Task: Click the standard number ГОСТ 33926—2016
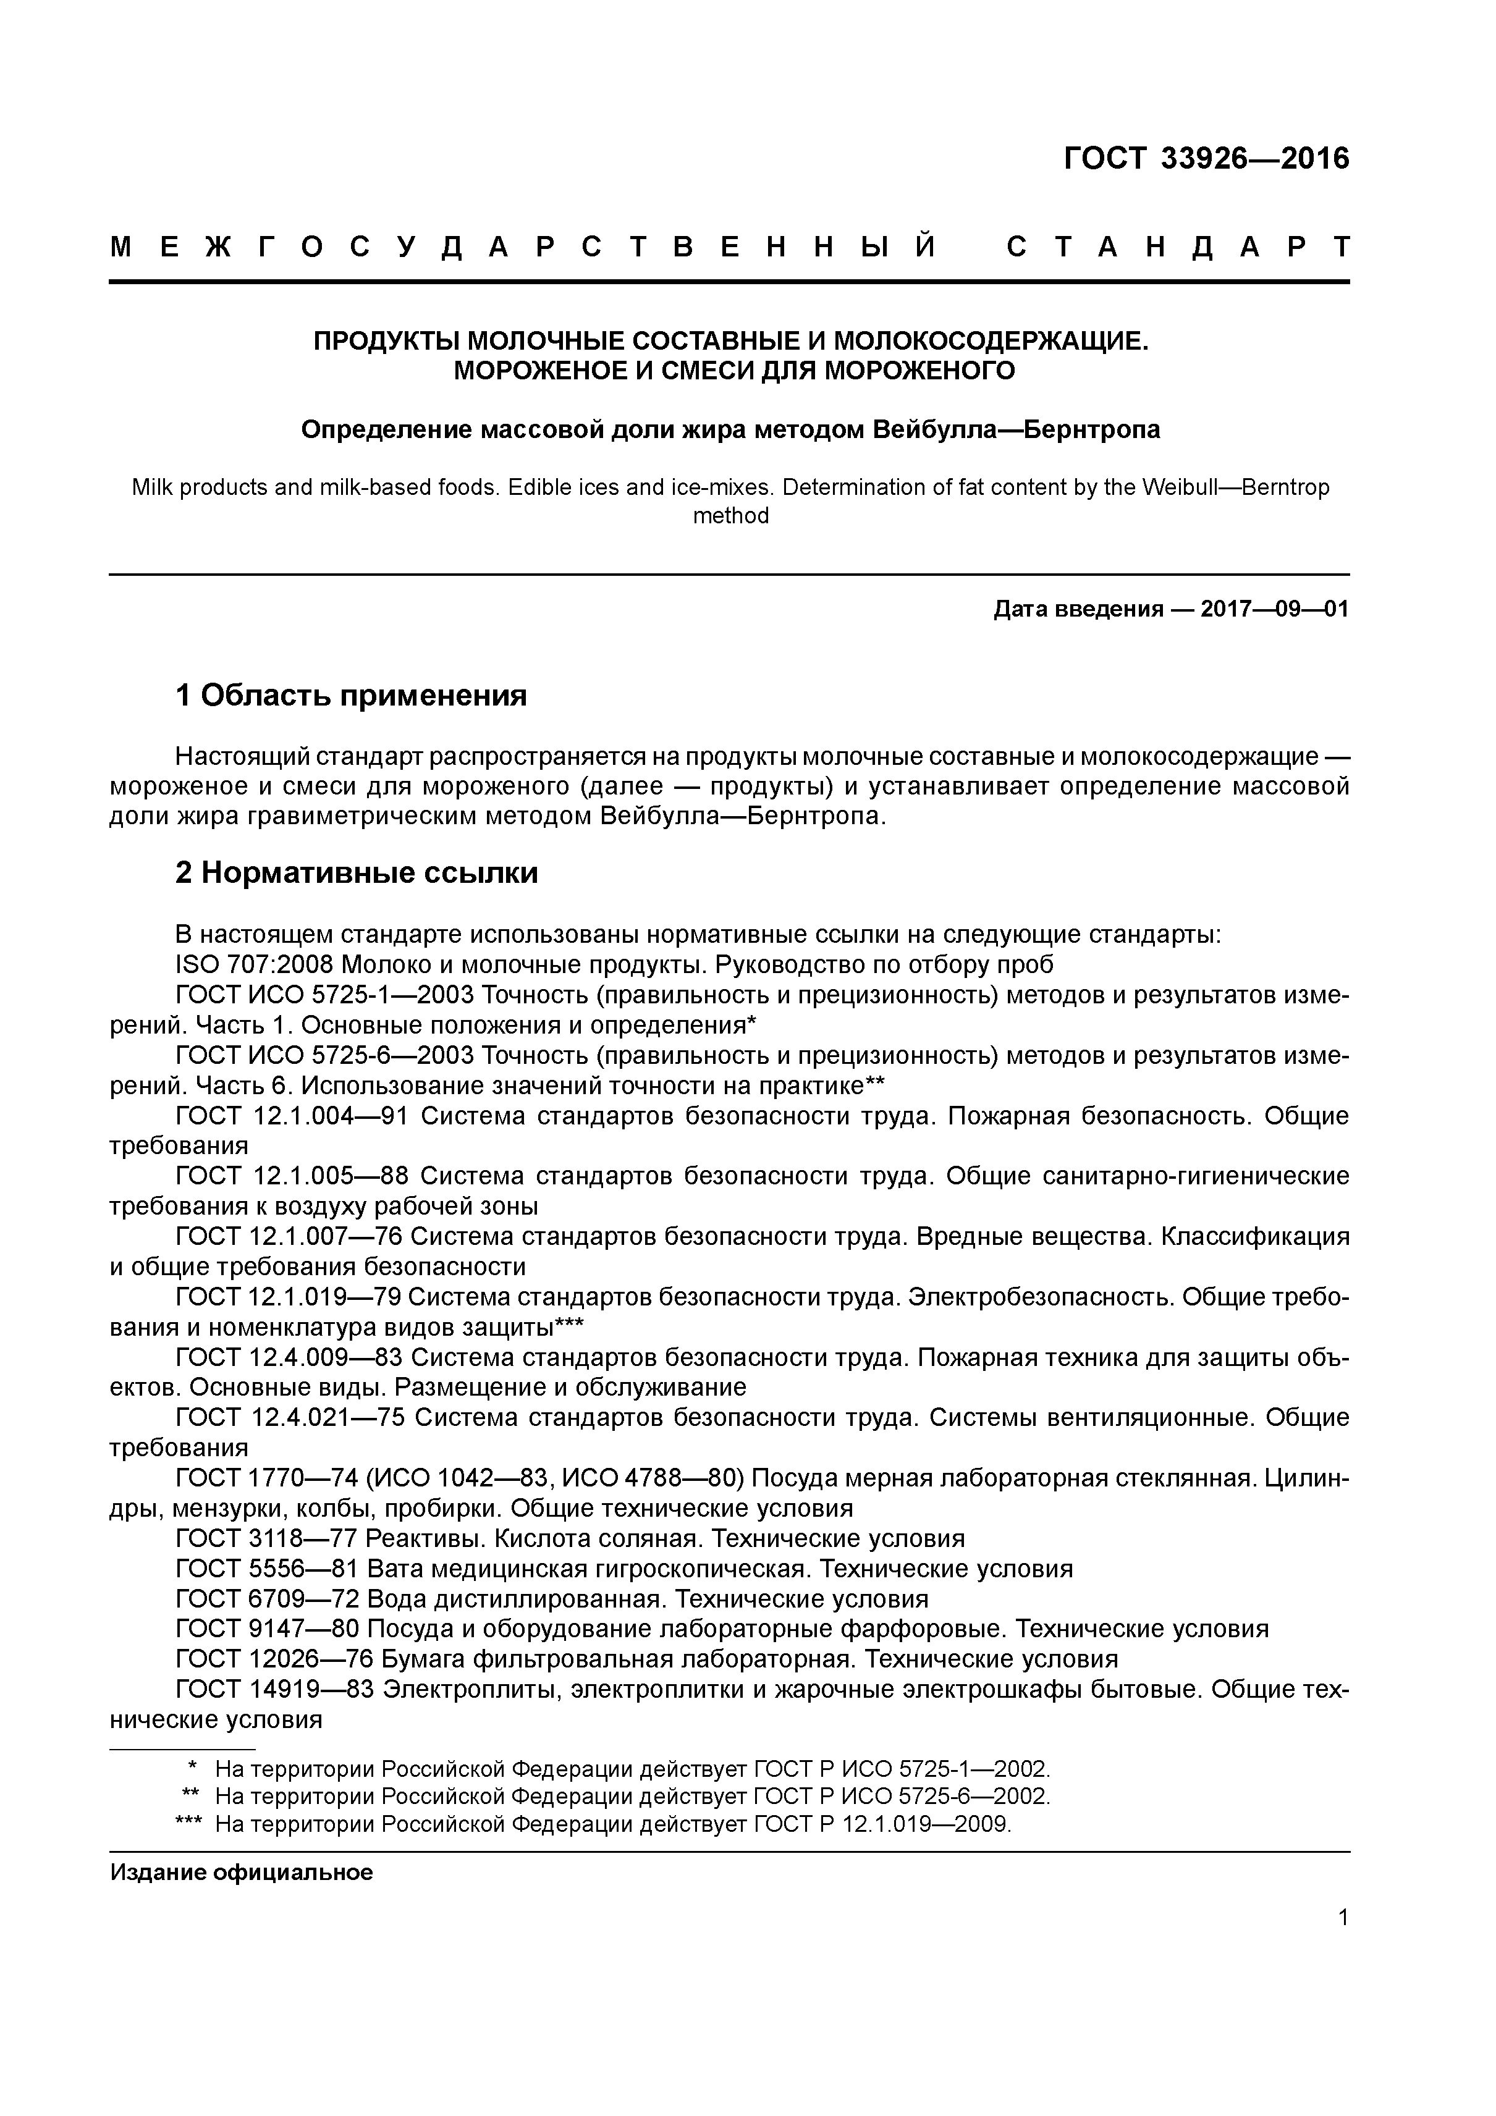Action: tap(1206, 159)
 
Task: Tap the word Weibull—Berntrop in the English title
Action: tap(1235, 487)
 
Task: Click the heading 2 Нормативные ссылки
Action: tap(357, 872)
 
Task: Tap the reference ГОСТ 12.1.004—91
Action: tap(291, 1116)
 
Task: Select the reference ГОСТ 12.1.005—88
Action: tap(291, 1176)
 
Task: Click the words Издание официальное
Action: tap(242, 1872)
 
